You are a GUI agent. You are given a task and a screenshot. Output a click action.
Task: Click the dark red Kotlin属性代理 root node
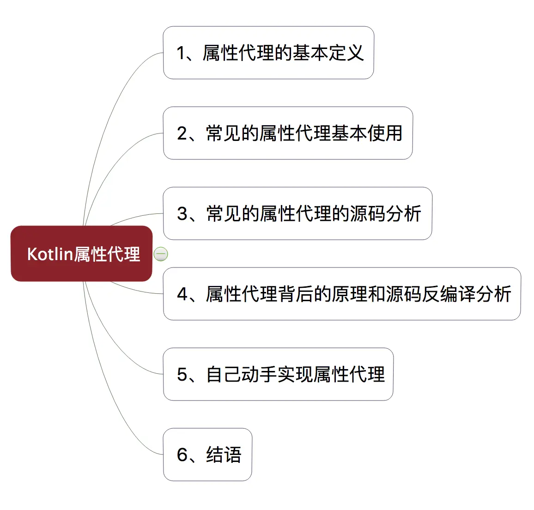[x=81, y=254]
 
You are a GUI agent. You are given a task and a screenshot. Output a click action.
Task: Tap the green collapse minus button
[x=161, y=254]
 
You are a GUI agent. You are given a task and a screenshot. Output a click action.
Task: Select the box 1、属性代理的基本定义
[x=268, y=53]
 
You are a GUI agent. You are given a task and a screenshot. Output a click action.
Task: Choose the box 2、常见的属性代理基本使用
[x=288, y=133]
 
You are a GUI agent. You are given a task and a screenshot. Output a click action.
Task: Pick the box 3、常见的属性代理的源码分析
[x=297, y=213]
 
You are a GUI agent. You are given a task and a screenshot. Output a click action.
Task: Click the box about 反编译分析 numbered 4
[x=342, y=294]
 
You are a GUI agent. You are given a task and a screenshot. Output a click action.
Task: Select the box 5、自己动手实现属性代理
[x=278, y=374]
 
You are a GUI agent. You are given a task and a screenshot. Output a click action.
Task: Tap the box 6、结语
[x=207, y=455]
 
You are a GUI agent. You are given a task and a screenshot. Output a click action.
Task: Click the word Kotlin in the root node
[x=50, y=254]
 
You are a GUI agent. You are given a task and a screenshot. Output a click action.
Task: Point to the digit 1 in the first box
[x=181, y=53]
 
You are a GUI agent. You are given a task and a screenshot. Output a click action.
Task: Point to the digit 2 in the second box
[x=182, y=134]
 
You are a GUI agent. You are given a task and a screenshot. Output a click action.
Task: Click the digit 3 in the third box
[x=182, y=214]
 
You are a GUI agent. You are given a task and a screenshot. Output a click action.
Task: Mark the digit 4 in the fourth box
[x=182, y=294]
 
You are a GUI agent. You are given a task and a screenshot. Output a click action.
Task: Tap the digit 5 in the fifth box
[x=182, y=375]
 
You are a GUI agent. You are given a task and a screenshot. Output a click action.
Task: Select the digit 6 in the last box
[x=182, y=455]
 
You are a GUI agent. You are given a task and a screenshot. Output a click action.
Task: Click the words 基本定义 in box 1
[x=328, y=53]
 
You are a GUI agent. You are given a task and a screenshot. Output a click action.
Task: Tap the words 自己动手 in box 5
[x=242, y=374]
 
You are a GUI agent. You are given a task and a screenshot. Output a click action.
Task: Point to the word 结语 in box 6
[x=224, y=455]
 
